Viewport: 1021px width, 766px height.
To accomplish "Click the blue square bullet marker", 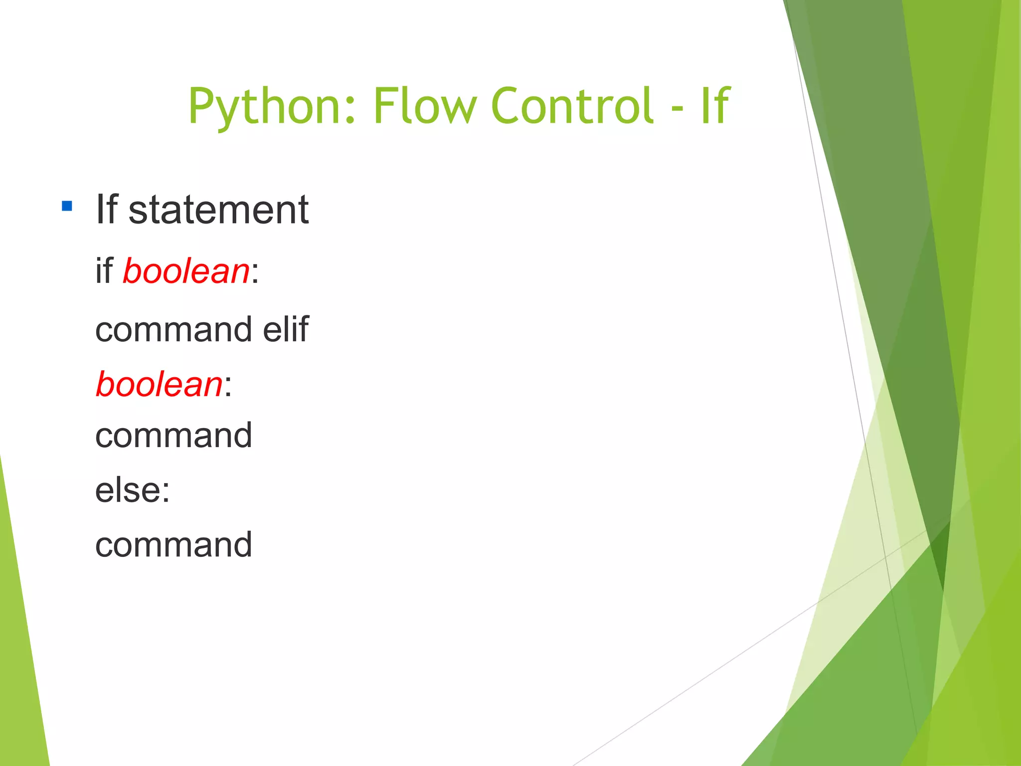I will click(67, 206).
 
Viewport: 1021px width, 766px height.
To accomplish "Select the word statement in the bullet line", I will click(218, 210).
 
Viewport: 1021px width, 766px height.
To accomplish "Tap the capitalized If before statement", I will click(106, 210).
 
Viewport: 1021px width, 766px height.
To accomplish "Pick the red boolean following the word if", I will click(186, 272).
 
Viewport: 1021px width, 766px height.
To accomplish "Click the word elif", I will click(286, 329).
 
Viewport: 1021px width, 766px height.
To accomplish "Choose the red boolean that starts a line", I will click(159, 385).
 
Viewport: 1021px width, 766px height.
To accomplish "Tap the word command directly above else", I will click(173, 436).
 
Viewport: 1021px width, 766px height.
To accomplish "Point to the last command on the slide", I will click(173, 545).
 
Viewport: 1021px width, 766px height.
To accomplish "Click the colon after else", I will click(166, 492).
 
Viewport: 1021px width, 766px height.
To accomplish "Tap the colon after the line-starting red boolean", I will click(228, 387).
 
